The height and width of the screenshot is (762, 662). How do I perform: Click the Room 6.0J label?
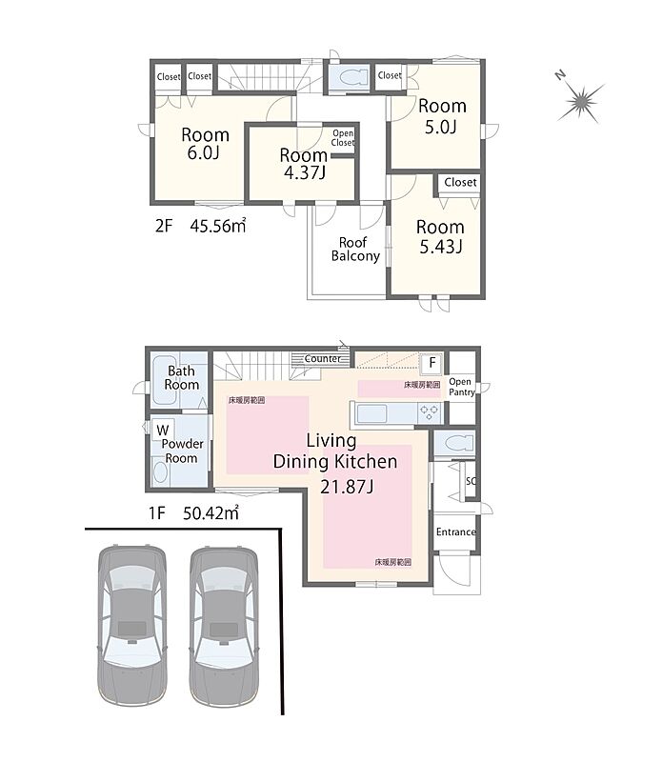[205, 143]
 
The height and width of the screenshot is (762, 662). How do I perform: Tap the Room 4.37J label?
[304, 164]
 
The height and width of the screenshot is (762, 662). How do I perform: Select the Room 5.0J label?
[442, 116]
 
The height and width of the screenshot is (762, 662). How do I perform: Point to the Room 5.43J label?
[440, 236]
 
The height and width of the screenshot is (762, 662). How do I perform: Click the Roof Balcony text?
[355, 250]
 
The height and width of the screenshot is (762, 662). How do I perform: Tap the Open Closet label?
[343, 138]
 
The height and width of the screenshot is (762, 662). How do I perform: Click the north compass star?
[581, 102]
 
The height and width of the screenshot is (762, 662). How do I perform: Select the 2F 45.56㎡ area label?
[200, 226]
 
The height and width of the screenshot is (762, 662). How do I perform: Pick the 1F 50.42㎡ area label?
[193, 513]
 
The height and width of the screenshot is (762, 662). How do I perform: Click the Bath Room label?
[181, 377]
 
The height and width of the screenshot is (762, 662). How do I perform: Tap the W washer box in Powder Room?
[163, 430]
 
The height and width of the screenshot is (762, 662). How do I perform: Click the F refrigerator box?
[432, 363]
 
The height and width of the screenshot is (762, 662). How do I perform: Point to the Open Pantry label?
[461, 387]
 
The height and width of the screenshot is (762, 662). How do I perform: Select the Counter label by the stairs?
[323, 359]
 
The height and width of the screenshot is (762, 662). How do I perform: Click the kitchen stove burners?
[429, 413]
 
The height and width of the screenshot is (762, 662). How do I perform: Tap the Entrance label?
[456, 532]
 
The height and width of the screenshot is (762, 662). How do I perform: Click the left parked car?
[131, 627]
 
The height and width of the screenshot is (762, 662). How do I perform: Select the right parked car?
[224, 627]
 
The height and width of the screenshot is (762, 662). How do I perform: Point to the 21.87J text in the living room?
[347, 486]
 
